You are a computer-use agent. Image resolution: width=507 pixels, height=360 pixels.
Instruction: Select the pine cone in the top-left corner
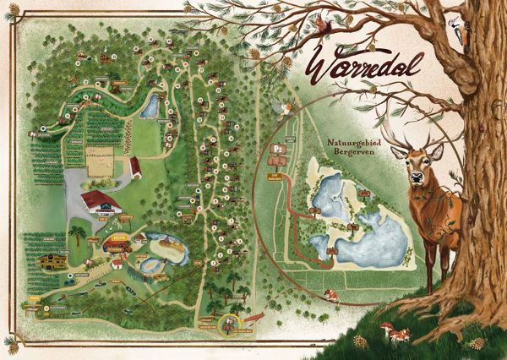point(9,14)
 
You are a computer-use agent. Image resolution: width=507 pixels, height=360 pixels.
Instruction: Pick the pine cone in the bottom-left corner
point(10,346)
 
